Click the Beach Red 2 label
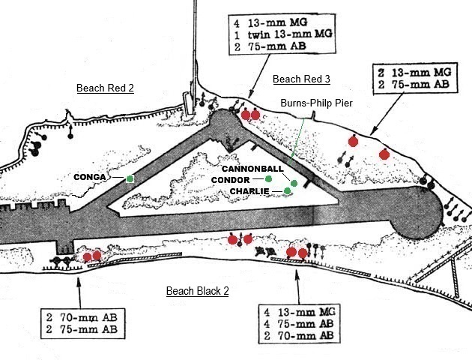(x=105, y=88)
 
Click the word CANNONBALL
(x=252, y=169)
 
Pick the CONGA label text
(x=91, y=178)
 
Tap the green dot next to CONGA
(x=130, y=178)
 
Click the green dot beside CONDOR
(x=268, y=180)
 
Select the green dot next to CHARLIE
(x=287, y=192)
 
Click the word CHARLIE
(x=250, y=192)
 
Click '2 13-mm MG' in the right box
(x=411, y=72)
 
